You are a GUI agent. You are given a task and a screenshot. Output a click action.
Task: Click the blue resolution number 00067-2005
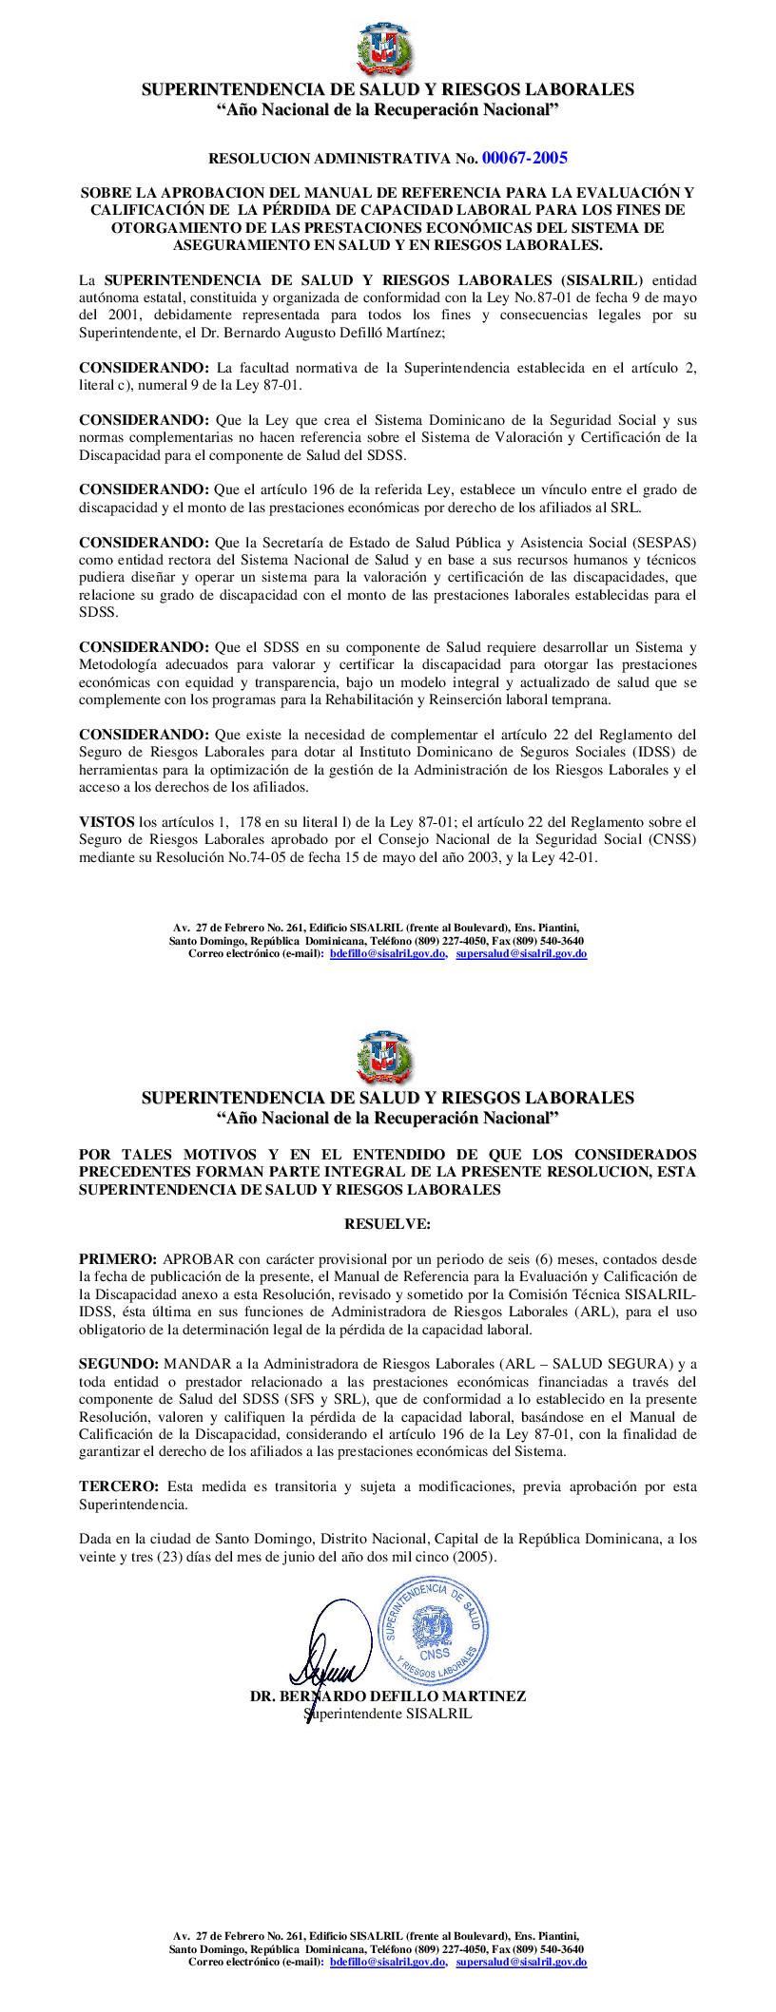pyautogui.click(x=524, y=158)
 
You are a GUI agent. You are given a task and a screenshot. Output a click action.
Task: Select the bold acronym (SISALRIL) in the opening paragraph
pyautogui.click(x=603, y=280)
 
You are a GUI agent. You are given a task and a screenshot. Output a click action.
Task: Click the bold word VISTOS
pyautogui.click(x=107, y=822)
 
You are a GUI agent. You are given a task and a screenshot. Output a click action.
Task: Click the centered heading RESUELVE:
pyautogui.click(x=387, y=1224)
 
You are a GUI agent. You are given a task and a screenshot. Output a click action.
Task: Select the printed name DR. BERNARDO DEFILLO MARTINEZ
pyautogui.click(x=387, y=1696)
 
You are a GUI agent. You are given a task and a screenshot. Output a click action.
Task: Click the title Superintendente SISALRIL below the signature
pyautogui.click(x=387, y=1715)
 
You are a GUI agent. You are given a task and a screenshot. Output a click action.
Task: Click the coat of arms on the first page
pyautogui.click(x=387, y=50)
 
